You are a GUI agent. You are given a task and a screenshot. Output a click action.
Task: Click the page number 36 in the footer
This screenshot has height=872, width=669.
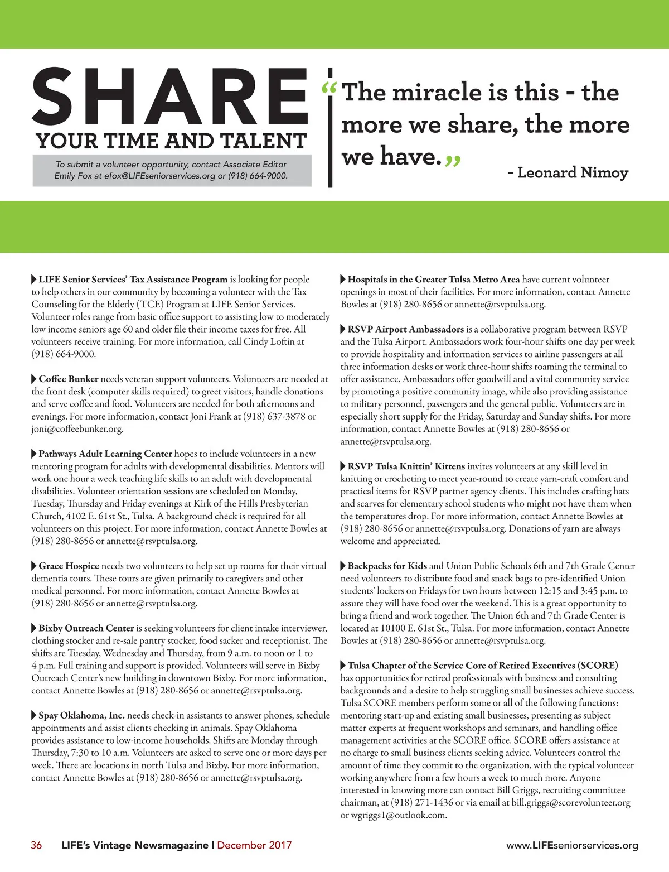click(x=36, y=845)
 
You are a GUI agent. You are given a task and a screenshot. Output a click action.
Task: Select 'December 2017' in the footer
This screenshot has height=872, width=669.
click(x=254, y=845)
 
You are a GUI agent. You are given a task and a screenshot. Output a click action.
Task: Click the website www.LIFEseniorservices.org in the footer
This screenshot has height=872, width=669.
click(x=572, y=845)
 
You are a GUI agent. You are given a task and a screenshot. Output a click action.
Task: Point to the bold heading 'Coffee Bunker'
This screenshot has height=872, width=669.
click(x=69, y=379)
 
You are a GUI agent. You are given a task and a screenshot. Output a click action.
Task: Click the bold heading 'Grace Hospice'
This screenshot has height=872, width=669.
click(x=69, y=566)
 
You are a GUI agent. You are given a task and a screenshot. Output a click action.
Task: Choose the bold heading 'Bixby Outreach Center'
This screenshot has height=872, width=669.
click(x=86, y=628)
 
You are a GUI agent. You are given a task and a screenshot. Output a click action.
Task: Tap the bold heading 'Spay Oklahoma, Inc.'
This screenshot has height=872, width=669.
click(x=81, y=715)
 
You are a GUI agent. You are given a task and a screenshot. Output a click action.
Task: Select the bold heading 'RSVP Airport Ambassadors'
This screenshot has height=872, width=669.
click(x=406, y=329)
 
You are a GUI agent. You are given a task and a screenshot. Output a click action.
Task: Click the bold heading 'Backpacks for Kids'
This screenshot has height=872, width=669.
click(x=387, y=566)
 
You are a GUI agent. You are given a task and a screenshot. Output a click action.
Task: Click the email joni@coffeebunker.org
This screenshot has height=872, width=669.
click(x=77, y=429)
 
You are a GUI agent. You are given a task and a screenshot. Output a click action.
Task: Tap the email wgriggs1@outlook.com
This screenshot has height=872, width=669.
click(x=399, y=815)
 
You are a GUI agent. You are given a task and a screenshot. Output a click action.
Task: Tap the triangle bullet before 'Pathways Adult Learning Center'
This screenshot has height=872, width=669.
click(x=34, y=454)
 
